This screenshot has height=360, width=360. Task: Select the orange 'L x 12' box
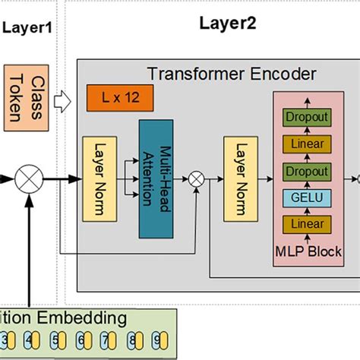point(118,96)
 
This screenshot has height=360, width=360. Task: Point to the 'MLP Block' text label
point(308,251)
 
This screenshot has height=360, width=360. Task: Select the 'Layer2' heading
point(227,23)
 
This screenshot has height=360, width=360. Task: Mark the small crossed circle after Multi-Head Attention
point(197,178)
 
